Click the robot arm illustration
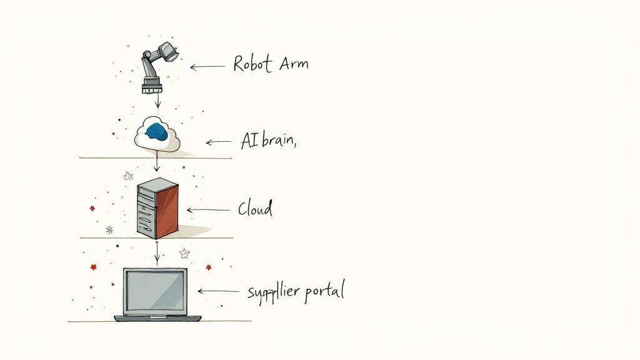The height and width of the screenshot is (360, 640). click(156, 67)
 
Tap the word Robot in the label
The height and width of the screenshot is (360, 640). click(250, 63)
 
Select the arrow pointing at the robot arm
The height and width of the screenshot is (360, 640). click(207, 66)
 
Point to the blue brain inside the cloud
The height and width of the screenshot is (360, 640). click(157, 131)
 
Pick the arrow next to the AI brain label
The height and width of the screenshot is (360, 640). click(218, 142)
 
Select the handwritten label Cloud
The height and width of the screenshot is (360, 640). click(255, 209)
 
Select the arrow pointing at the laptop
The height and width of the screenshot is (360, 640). click(217, 291)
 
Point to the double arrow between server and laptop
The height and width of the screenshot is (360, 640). click(157, 252)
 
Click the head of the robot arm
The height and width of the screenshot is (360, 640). click(167, 52)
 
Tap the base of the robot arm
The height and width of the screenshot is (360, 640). click(152, 84)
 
